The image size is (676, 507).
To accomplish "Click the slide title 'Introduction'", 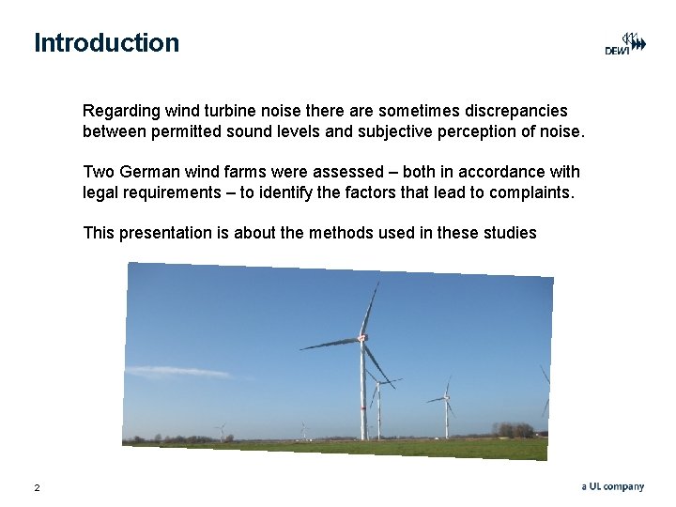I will [106, 43].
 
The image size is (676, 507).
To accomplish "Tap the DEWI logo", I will [624, 44].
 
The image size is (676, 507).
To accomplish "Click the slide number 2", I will [37, 487].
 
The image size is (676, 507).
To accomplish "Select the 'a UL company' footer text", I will [612, 486].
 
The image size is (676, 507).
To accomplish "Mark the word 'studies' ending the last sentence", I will [508, 232].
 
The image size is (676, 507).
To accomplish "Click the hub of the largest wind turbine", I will [362, 339].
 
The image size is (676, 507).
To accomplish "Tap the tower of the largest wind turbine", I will [362, 394].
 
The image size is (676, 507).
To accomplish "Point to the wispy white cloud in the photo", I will [178, 373].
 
